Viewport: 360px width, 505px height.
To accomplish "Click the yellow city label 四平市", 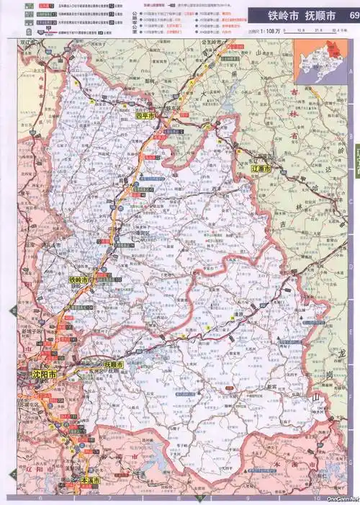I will [x=146, y=115].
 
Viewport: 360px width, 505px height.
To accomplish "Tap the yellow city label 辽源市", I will [x=261, y=168].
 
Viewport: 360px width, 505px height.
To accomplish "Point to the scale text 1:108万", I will [x=264, y=32].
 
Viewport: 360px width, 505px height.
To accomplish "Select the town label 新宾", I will [x=271, y=386].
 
